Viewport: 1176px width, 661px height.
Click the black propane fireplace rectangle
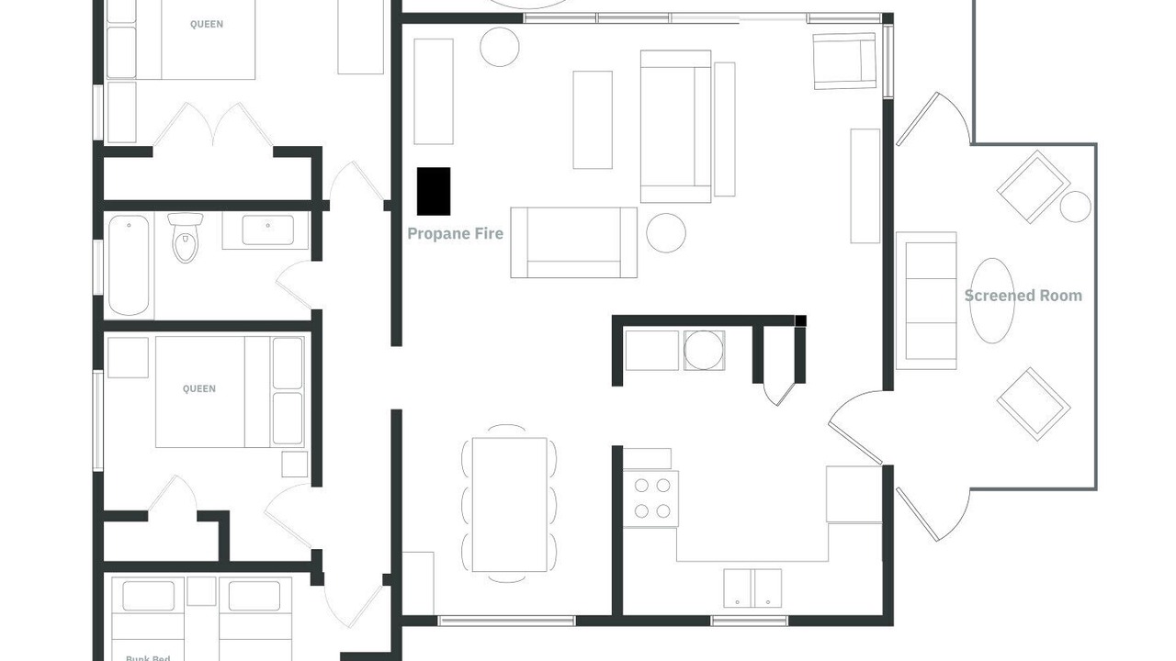434,192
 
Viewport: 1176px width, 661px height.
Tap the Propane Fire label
455,233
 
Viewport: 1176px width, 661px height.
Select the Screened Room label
1023,296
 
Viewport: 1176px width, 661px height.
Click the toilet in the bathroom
186,237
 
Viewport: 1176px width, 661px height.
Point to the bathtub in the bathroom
129,265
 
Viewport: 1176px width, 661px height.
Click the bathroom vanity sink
267,230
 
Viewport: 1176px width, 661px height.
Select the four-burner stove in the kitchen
651,499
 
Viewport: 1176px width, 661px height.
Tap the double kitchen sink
752,588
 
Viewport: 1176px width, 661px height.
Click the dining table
509,504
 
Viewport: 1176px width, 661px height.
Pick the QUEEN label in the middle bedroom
199,388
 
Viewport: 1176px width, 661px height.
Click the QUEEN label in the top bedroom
207,24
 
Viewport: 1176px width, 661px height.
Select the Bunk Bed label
148,658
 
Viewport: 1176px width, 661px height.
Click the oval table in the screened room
991,300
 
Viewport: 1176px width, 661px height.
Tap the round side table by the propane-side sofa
666,233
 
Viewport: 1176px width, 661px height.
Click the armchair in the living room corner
844,61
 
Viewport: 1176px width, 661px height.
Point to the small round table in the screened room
1075,207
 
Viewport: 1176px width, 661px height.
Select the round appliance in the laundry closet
704,351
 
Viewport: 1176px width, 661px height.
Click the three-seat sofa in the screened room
926,300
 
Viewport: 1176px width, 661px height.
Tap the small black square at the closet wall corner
800,321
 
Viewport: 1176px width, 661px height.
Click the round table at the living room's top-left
499,47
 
